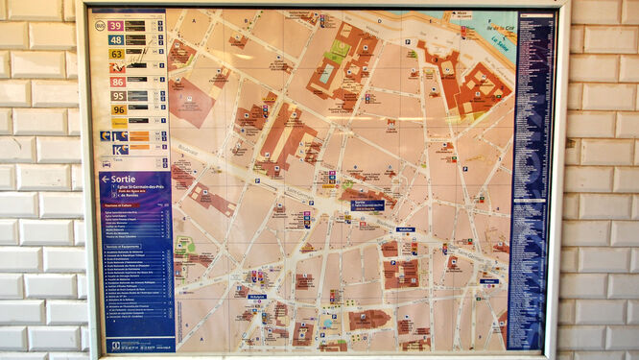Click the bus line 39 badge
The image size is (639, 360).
(x=115, y=26)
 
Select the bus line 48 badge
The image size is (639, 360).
(x=115, y=40)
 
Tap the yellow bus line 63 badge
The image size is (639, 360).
(x=115, y=54)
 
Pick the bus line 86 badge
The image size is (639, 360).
(x=117, y=83)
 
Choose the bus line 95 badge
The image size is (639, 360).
(x=117, y=96)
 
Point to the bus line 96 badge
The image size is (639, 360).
(x=117, y=109)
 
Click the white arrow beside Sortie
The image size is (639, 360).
(x=105, y=179)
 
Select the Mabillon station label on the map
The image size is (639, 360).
(x=405, y=229)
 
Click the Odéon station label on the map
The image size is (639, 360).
(x=488, y=281)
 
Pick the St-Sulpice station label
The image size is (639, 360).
(x=255, y=297)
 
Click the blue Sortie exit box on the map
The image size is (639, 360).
(x=367, y=204)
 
